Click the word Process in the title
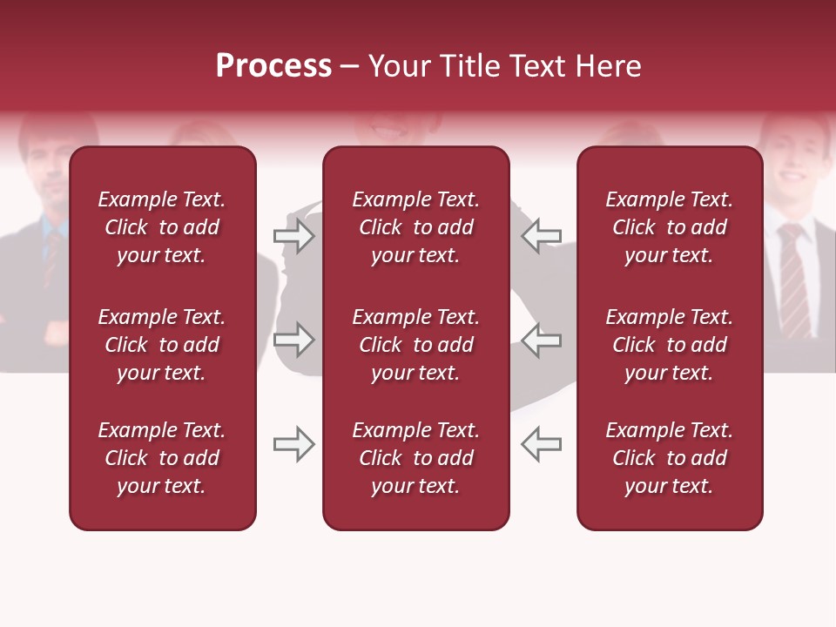point(273,66)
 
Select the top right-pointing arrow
point(294,236)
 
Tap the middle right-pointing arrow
point(294,340)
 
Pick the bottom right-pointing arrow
point(294,444)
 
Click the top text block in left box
point(162,227)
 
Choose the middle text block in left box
point(162,345)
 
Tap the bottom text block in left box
point(162,458)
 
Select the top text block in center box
point(415,227)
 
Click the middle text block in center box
point(415,345)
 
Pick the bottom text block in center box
point(415,458)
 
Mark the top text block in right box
point(669,227)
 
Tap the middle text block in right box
point(669,345)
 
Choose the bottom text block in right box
point(669,458)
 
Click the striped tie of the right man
point(793,279)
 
